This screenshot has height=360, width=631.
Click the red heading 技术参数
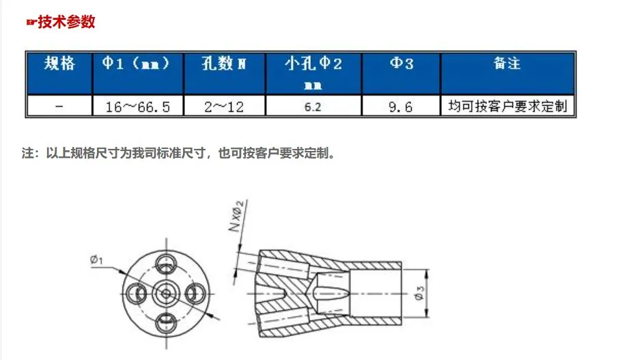click(66, 22)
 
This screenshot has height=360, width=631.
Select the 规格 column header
click(59, 64)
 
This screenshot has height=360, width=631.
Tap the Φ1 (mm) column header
click(136, 64)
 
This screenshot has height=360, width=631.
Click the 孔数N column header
click(224, 64)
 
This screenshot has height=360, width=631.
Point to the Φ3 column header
click(402, 64)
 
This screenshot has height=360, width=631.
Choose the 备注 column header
click(507, 64)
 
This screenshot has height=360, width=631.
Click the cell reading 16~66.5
click(138, 107)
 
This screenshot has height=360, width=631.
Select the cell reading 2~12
click(224, 107)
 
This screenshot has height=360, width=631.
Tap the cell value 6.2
click(313, 107)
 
